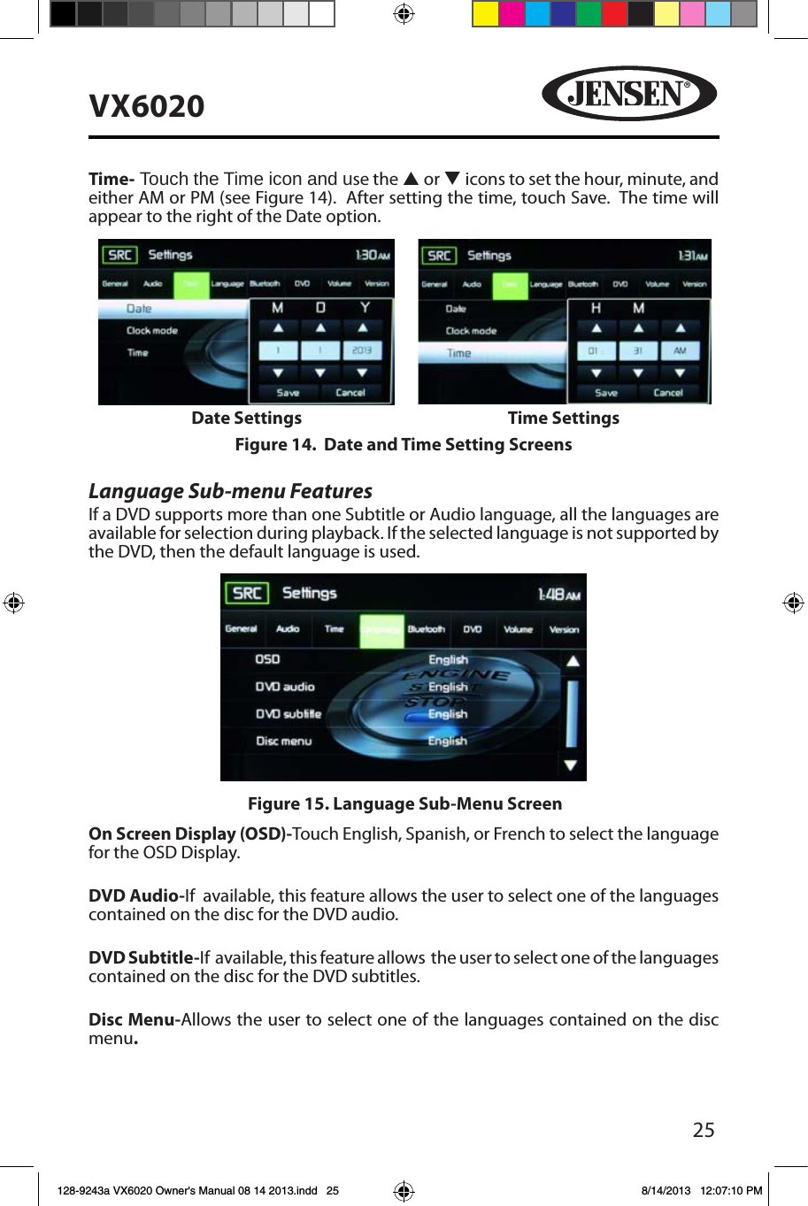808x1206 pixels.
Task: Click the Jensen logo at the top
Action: coord(629,93)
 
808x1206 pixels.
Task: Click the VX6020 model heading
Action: coord(147,106)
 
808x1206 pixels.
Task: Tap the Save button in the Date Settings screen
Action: coord(288,392)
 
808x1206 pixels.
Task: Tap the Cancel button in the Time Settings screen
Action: coord(668,392)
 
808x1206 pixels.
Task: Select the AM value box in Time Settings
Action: coord(680,350)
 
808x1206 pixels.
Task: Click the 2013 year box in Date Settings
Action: coord(362,350)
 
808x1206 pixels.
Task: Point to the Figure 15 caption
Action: coord(404,803)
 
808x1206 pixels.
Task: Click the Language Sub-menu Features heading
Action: coord(230,491)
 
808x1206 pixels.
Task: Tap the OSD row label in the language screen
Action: coord(267,659)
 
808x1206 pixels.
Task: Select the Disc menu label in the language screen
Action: coord(283,741)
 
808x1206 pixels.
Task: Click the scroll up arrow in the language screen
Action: coord(573,661)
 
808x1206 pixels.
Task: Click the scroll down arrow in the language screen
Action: coord(571,765)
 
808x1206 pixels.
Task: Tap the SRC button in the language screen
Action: coord(247,593)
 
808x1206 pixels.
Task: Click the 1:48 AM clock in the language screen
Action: coord(558,595)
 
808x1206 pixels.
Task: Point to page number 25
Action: coord(704,1130)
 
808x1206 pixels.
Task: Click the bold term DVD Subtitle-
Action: coord(143,957)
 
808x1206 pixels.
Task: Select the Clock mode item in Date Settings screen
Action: coord(151,331)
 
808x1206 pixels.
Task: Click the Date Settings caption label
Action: coord(246,418)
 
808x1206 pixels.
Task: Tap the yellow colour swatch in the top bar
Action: coord(485,14)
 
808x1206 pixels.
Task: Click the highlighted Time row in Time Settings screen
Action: coord(491,353)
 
